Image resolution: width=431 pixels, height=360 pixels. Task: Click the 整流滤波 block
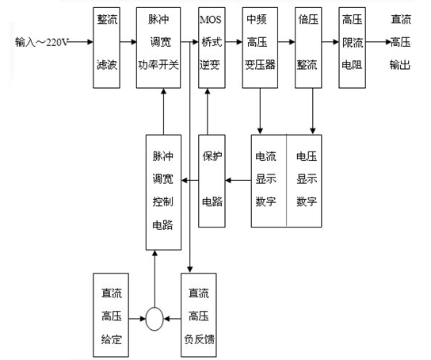[106, 48]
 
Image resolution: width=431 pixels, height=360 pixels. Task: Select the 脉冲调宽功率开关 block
[158, 48]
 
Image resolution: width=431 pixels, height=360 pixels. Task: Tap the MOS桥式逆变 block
[212, 48]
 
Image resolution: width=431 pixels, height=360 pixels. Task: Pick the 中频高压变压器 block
[260, 48]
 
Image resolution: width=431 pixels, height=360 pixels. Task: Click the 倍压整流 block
[308, 48]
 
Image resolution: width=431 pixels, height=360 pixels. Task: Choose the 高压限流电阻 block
[352, 48]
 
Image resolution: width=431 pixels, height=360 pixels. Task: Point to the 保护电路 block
[212, 181]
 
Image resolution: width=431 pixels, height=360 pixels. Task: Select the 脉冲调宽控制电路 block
[163, 192]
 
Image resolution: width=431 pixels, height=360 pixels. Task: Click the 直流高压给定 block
[111, 315]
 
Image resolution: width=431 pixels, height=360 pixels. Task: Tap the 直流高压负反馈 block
[199, 315]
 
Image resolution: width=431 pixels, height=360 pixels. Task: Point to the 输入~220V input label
[41, 42]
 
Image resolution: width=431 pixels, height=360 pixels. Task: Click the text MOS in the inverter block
[210, 20]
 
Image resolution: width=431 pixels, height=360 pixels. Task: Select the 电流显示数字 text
[265, 178]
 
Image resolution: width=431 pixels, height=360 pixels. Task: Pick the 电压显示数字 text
[307, 178]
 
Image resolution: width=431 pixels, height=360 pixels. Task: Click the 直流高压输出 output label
[400, 42]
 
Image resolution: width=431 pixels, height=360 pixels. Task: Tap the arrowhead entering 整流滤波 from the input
[90, 42]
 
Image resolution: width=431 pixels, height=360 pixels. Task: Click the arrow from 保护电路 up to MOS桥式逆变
[208, 111]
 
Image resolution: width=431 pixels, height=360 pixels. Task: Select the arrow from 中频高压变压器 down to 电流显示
[260, 111]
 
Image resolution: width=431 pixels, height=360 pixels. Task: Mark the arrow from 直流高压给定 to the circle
[137, 319]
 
